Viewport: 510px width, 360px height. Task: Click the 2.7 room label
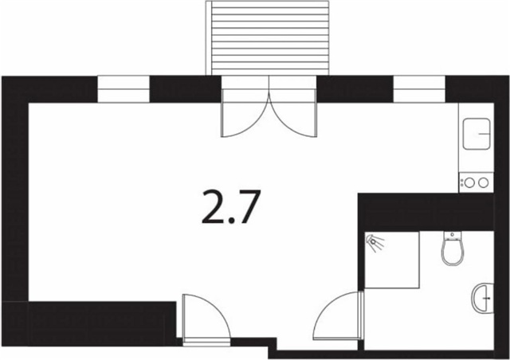231,207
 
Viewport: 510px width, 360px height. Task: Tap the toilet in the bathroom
452,248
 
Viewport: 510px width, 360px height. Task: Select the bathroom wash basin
483,298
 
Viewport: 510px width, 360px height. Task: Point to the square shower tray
391,260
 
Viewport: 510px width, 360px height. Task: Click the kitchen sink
477,134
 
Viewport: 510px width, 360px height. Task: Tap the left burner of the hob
469,183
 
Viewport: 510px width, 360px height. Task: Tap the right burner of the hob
484,183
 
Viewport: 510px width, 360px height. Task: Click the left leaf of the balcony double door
245,114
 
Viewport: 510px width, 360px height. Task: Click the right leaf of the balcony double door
293,114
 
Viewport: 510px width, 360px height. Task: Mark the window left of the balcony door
124,89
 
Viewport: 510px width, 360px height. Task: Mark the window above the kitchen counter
419,89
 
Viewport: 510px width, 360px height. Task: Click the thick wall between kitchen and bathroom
426,212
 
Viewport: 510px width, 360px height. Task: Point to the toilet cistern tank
452,235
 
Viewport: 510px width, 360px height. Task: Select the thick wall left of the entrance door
88,323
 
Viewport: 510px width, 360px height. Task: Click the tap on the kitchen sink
484,134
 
